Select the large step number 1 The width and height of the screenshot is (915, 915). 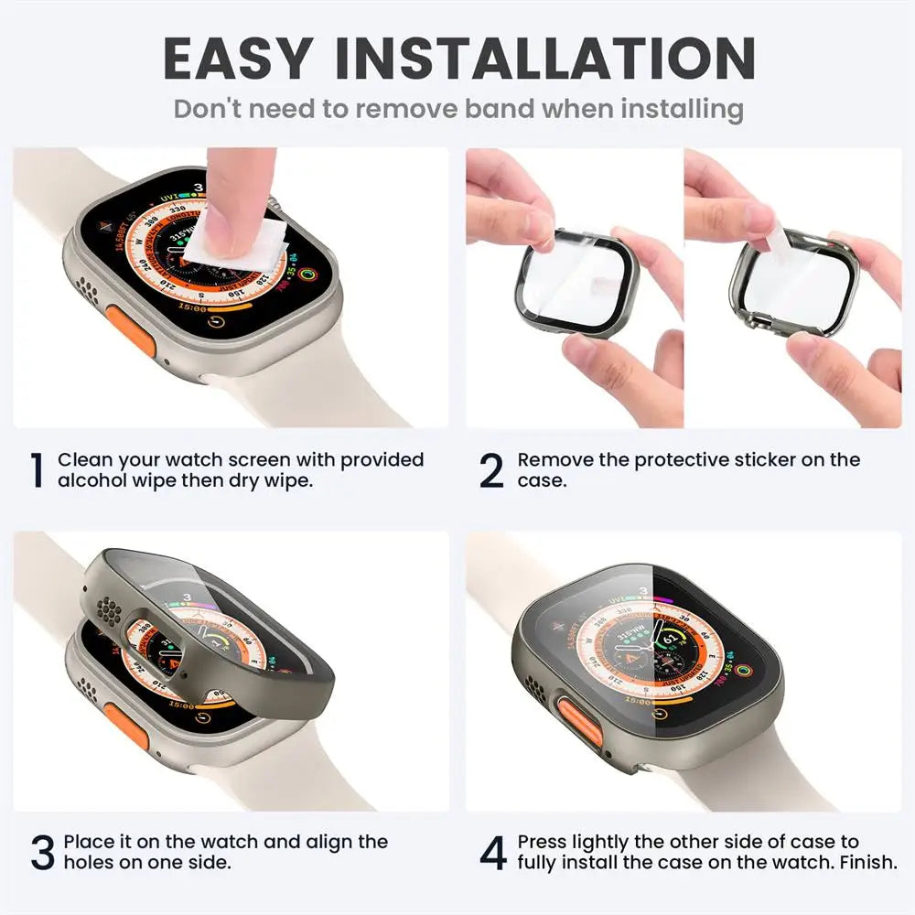click(37, 470)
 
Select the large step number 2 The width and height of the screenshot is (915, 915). click(491, 470)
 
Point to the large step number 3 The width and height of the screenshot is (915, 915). click(42, 852)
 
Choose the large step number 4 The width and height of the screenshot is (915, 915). click(493, 852)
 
